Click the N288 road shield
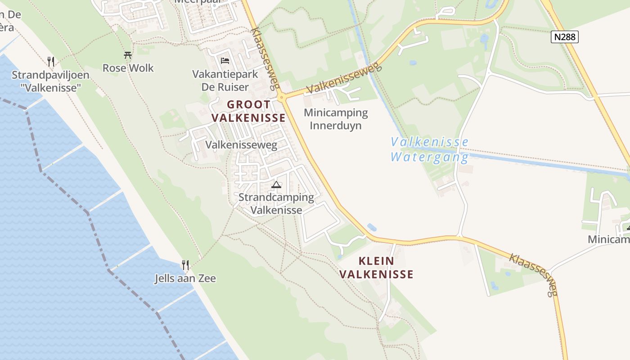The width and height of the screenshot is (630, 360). [564, 37]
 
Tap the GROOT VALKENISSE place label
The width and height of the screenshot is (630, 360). [249, 111]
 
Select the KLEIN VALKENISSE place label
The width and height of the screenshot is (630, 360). [376, 267]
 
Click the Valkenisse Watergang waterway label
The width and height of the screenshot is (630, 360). [429, 149]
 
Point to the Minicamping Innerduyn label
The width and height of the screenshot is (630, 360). [336, 119]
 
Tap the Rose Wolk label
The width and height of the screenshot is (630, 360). [128, 68]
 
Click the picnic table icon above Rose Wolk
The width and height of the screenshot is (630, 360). [128, 55]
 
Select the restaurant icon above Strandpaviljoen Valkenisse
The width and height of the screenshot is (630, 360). [51, 61]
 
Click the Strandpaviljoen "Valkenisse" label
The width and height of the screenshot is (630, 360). [50, 81]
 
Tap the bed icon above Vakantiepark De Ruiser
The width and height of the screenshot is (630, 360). [225, 61]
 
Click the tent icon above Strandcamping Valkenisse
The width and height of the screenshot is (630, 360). [276, 184]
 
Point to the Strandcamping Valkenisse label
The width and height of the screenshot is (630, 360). [276, 203]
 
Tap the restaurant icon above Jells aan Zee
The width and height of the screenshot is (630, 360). [185, 265]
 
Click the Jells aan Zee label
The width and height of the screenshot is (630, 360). [185, 279]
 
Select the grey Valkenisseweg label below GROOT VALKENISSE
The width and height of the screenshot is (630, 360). [241, 145]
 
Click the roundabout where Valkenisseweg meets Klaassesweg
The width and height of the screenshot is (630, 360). [281, 97]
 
